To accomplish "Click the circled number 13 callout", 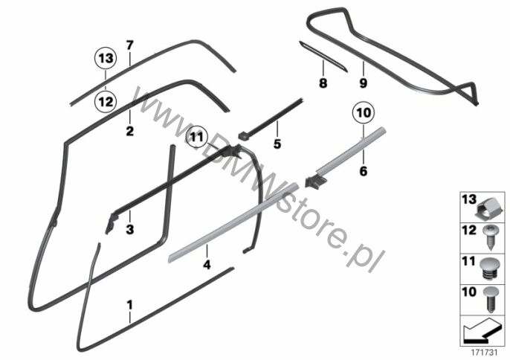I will coord(106,58).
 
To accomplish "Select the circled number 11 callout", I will coord(196,137).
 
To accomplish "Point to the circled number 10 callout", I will coord(362,114).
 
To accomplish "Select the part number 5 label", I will coord(277,144).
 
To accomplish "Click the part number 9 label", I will coord(364,83).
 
